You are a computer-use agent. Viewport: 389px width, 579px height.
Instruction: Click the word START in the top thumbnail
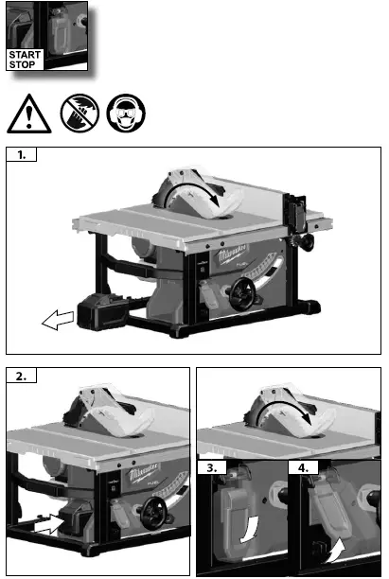pos(24,55)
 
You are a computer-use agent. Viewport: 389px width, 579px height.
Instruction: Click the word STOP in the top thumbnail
pos(22,65)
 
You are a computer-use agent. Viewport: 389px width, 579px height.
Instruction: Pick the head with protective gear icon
pos(126,113)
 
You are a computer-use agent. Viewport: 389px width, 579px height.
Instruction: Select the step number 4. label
pos(300,467)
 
